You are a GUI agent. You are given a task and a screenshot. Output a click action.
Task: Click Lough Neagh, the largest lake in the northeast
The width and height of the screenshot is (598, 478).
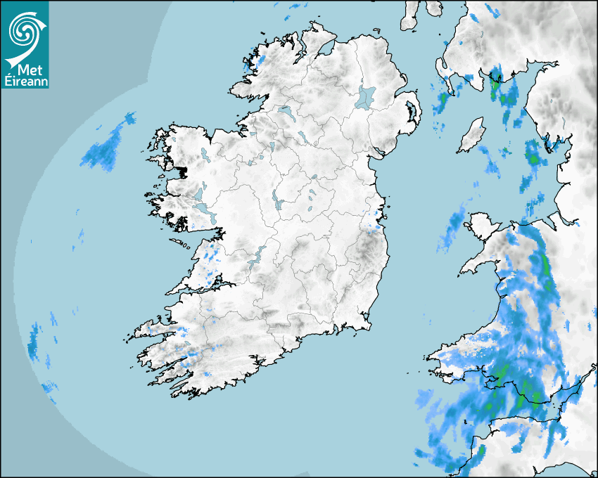[366, 97]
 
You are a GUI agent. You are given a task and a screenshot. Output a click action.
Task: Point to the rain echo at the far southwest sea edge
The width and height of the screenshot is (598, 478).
[34, 342]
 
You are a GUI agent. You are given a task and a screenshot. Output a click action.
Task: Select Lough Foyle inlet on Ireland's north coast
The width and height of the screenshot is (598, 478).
[325, 50]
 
